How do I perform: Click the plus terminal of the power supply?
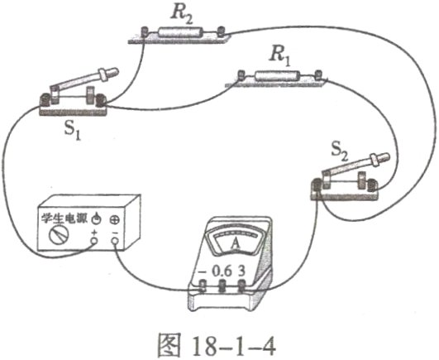tap(94, 243)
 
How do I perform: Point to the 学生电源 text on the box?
tap(62, 218)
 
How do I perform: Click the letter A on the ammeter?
tap(235, 244)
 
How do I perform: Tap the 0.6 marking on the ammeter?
tap(221, 270)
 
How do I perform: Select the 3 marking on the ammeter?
tap(241, 270)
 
